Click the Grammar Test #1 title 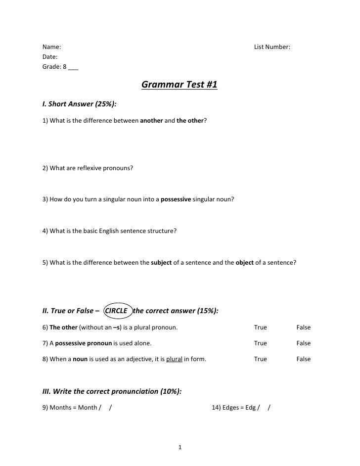180,86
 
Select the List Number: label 272,47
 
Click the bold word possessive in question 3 179,199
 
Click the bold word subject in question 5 161,262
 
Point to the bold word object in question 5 244,262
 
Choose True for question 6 260,327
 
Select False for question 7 303,343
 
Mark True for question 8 260,359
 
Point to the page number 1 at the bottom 180,448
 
